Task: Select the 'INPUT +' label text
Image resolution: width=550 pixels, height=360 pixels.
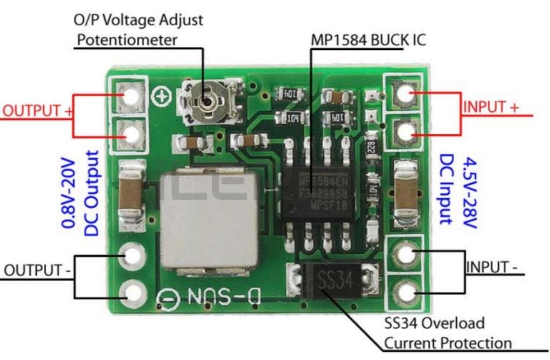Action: (x=491, y=107)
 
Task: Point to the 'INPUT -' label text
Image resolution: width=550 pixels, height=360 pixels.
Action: (x=492, y=267)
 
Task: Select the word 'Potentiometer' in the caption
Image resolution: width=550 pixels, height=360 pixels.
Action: (x=127, y=41)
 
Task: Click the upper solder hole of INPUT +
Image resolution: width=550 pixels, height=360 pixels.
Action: (x=404, y=94)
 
